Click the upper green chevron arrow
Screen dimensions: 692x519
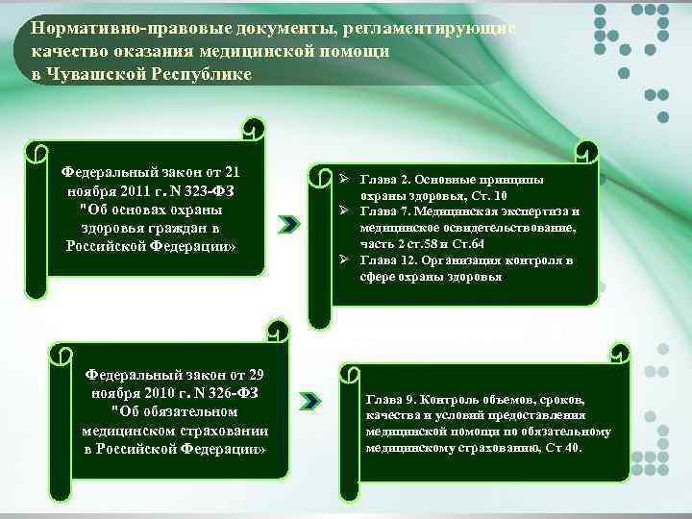point(288,224)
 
